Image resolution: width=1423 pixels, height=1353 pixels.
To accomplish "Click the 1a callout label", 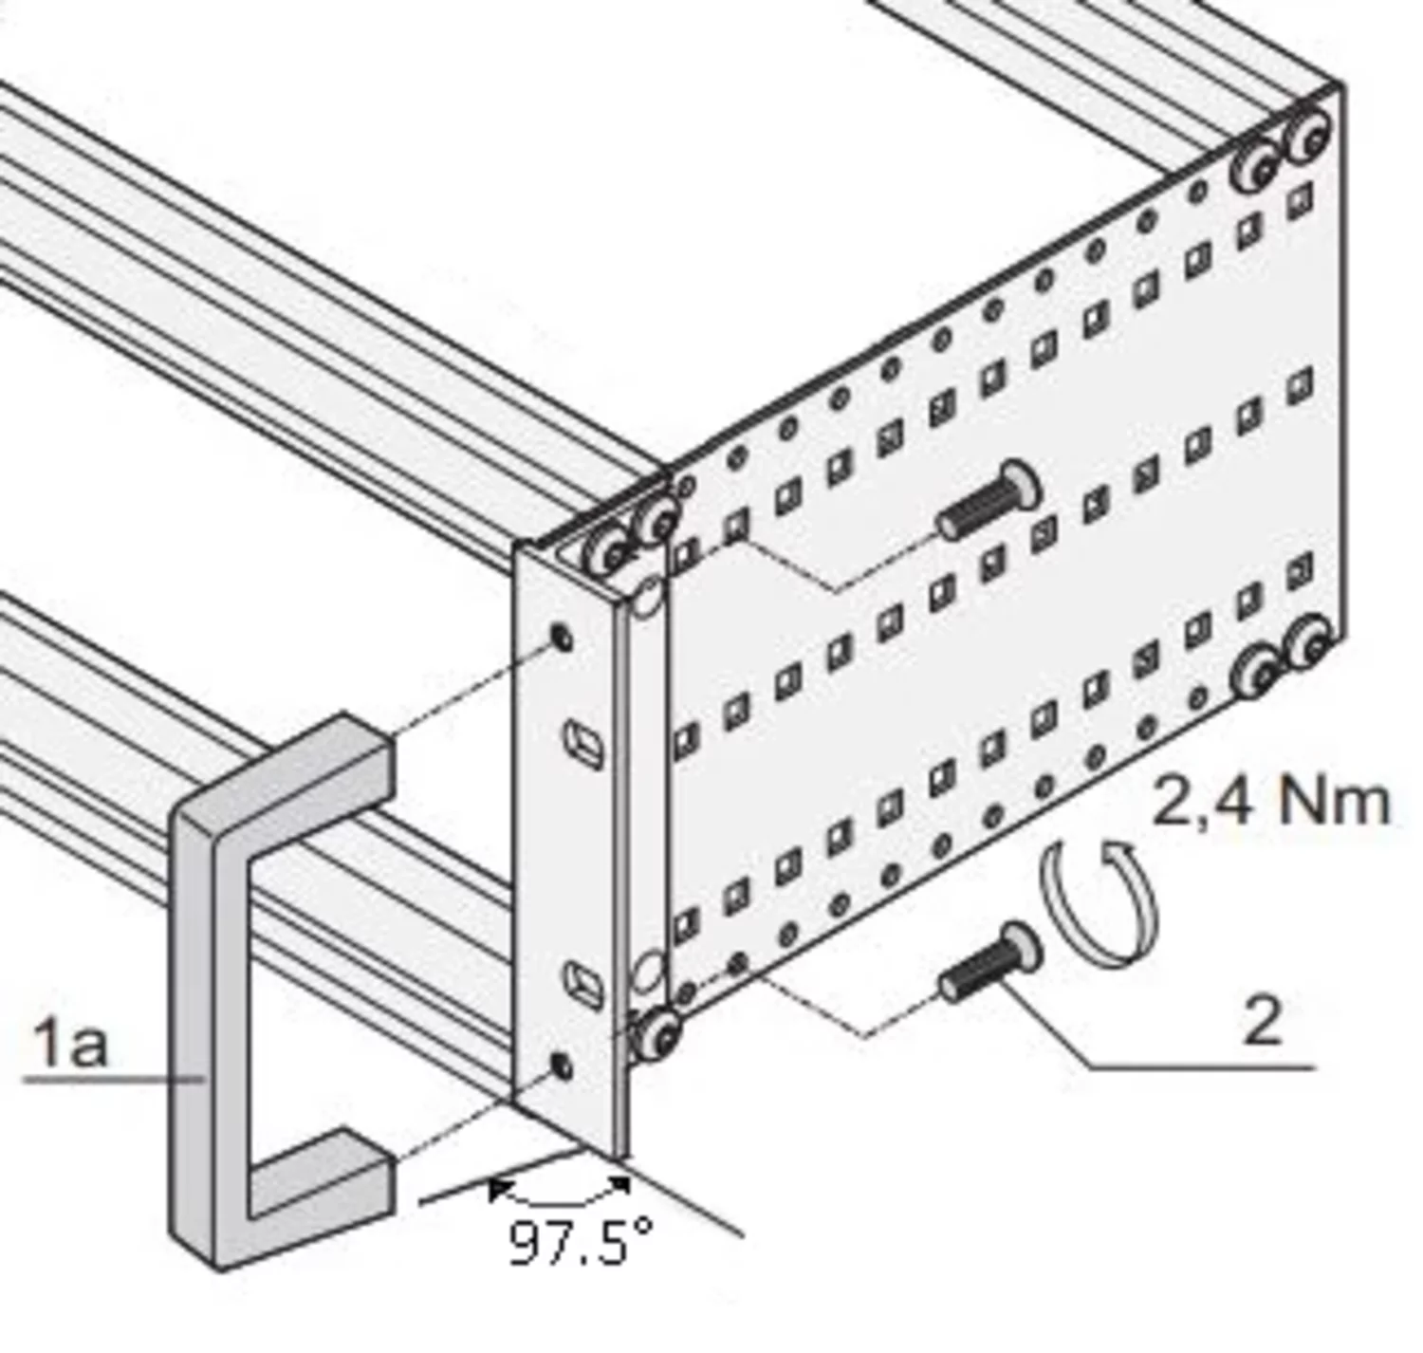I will coord(71,1043).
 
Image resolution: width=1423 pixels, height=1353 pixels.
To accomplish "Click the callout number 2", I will coord(1261,1023).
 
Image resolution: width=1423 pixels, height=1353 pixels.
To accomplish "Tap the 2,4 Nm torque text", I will coord(1270,803).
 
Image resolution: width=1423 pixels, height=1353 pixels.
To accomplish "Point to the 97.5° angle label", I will coord(581,1243).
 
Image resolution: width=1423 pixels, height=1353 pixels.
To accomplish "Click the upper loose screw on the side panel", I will coord(987,503).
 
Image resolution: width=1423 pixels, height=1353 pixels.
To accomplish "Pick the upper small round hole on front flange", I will coord(563,638).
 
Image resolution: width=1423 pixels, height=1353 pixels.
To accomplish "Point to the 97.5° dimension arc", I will coord(560,1197).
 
